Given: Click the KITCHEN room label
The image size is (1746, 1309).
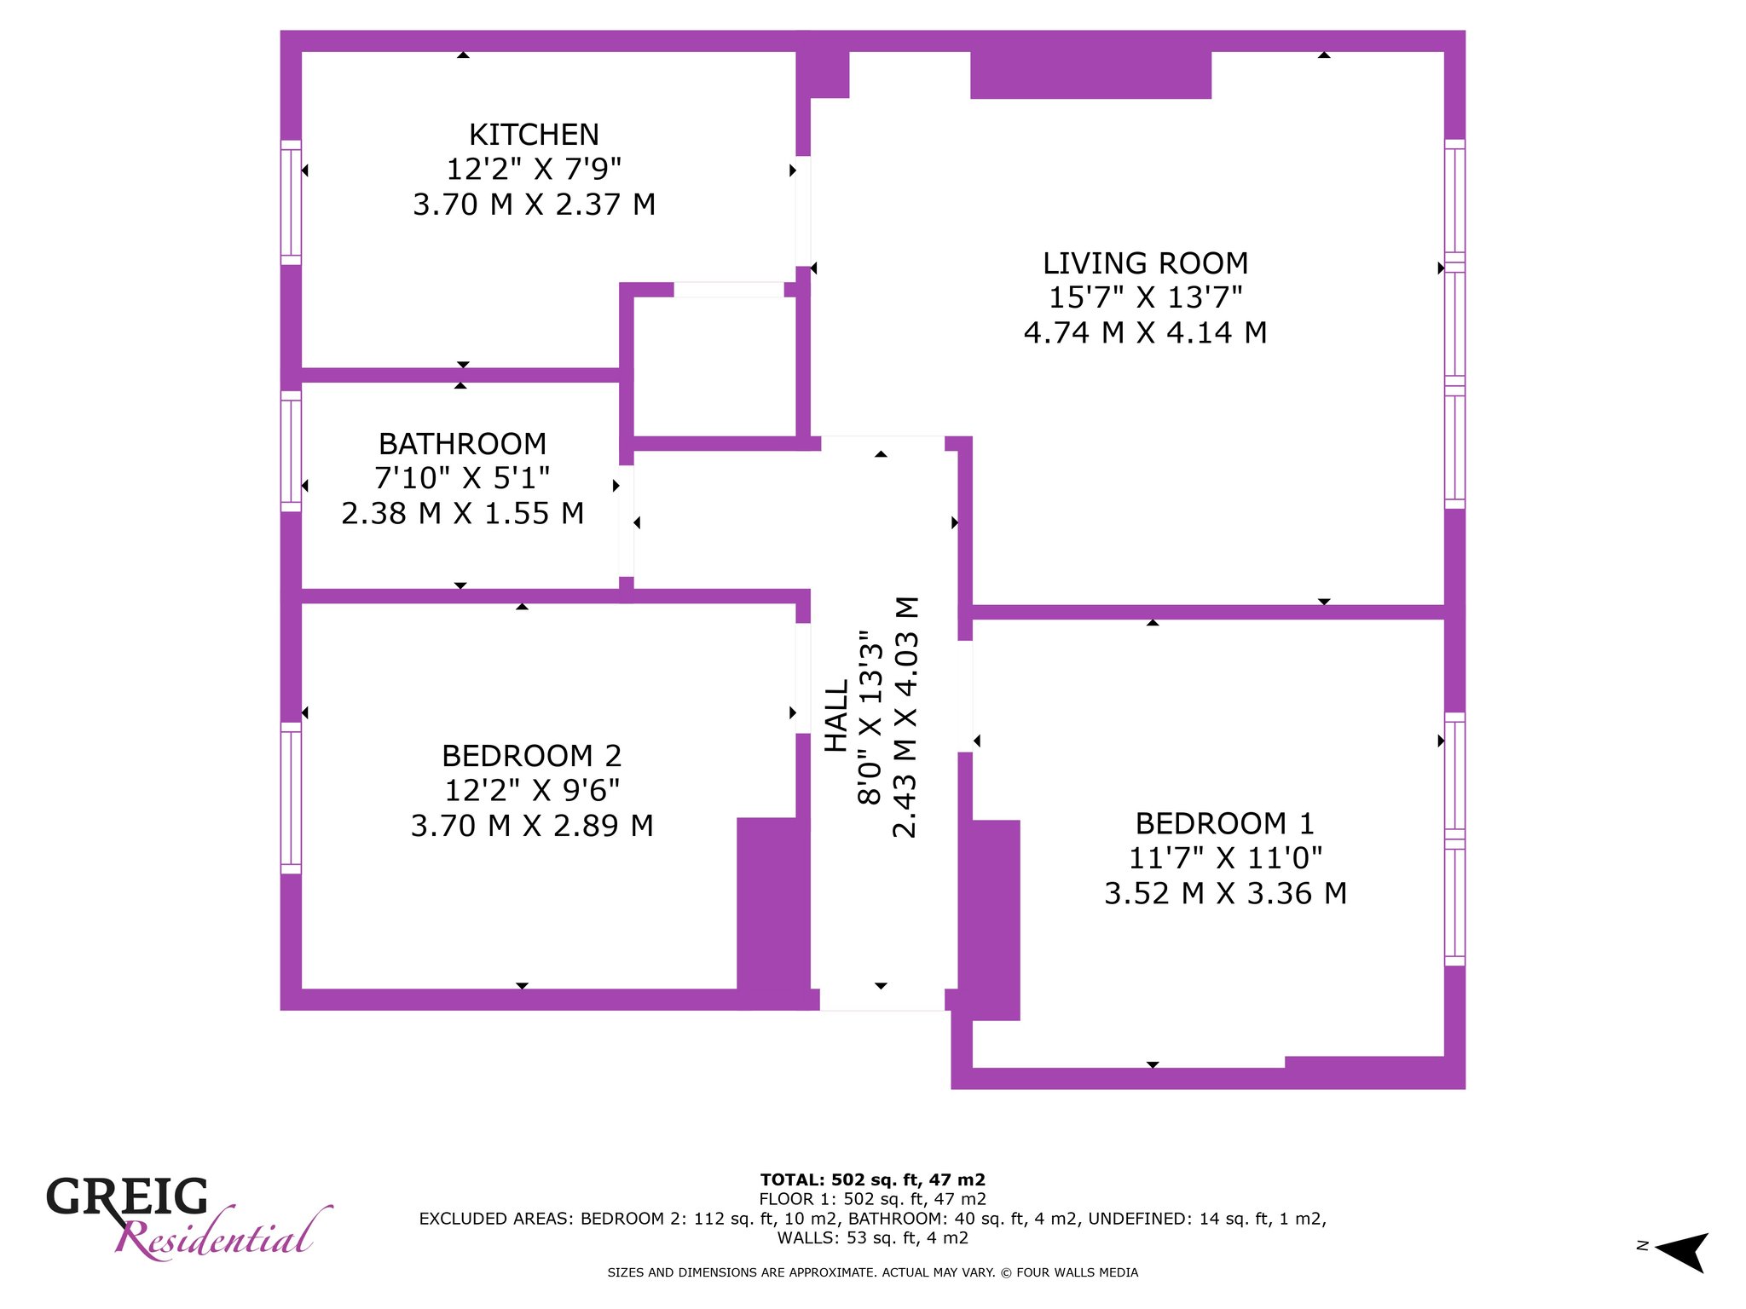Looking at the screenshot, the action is [x=534, y=135].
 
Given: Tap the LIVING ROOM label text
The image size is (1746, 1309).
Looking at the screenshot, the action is [x=1145, y=263].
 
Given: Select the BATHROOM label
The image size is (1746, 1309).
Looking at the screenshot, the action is [x=462, y=444].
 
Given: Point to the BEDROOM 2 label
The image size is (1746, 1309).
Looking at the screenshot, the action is [x=531, y=756].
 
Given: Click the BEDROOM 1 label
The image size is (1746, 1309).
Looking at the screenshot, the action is [x=1224, y=823].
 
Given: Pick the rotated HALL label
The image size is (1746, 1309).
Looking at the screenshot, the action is [x=836, y=716].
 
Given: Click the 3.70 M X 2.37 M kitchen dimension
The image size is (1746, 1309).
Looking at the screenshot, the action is [x=534, y=205].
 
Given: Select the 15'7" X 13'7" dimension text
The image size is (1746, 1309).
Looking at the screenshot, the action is [x=1145, y=297].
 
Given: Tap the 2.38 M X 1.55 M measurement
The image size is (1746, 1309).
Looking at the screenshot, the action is [x=462, y=513].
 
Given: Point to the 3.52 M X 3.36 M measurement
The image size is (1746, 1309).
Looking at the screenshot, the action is [x=1225, y=893].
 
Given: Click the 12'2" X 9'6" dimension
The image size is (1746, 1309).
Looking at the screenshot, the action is [x=531, y=791].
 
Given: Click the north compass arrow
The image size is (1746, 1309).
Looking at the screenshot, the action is [x=1681, y=1252].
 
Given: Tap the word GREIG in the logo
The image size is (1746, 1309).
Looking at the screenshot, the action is [x=127, y=1197].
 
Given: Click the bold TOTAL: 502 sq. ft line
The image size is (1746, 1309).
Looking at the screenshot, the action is [x=872, y=1180].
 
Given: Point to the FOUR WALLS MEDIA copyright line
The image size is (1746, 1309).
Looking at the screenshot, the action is [x=872, y=1272].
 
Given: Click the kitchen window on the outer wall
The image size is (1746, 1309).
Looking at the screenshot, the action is [x=291, y=202].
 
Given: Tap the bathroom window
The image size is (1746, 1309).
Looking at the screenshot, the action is [x=291, y=452].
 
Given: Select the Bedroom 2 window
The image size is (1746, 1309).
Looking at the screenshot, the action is [x=291, y=798].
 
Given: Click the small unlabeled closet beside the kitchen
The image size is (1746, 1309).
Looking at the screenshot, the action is [x=714, y=366].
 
